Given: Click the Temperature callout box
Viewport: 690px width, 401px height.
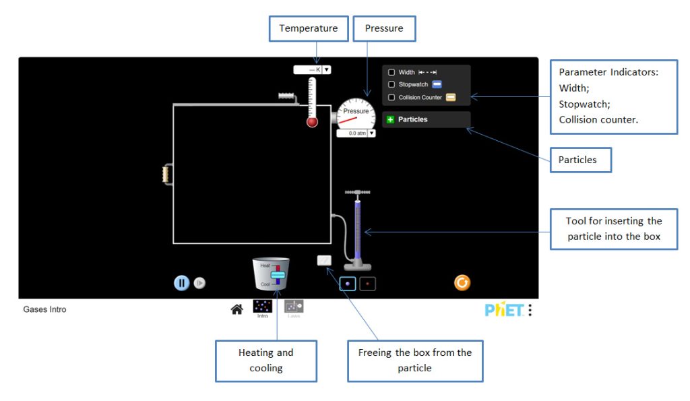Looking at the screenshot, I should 309,29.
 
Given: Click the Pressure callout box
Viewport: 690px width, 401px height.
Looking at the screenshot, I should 384,29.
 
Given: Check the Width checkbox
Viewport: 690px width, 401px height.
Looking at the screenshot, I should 391,72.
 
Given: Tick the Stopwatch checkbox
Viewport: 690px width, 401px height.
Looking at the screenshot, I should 391,84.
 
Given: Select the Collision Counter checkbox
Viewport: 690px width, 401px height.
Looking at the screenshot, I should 391,97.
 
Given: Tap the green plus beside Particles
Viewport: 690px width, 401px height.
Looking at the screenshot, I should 391,119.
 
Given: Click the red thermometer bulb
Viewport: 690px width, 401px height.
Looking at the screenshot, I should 312,122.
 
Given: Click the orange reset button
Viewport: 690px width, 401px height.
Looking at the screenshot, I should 462,282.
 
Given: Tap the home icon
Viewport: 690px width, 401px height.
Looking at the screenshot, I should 237,309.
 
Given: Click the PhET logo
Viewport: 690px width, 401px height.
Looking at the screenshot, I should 504,309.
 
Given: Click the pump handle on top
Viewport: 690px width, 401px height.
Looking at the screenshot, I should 357,193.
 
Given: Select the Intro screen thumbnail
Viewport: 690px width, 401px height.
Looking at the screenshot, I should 262,307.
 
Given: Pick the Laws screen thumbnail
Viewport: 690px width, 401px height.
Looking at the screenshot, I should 294,307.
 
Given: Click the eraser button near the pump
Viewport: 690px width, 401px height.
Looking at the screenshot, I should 324,260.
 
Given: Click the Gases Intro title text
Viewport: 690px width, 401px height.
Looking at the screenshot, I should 44,309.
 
